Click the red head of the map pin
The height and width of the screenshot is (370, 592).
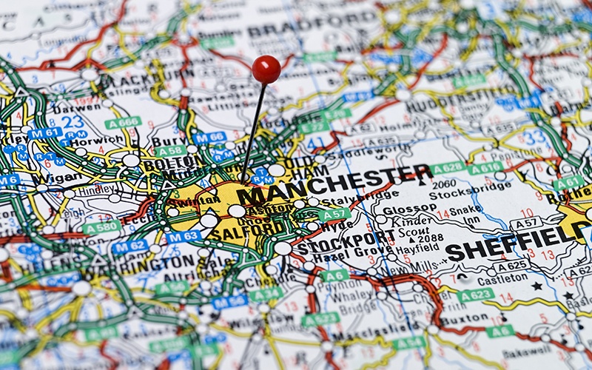pyautogui.click(x=266, y=70)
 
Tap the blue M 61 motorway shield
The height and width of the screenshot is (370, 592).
pyautogui.click(x=46, y=133)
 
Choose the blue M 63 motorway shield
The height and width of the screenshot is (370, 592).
pyautogui.click(x=184, y=237)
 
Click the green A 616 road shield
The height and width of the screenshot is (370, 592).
pyautogui.click(x=485, y=169)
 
